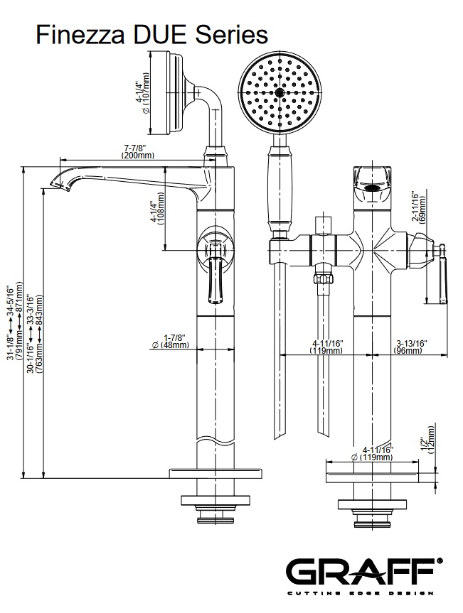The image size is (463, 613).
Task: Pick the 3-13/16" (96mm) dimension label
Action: click(410, 347)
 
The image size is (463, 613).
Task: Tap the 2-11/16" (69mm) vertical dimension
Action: click(420, 207)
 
